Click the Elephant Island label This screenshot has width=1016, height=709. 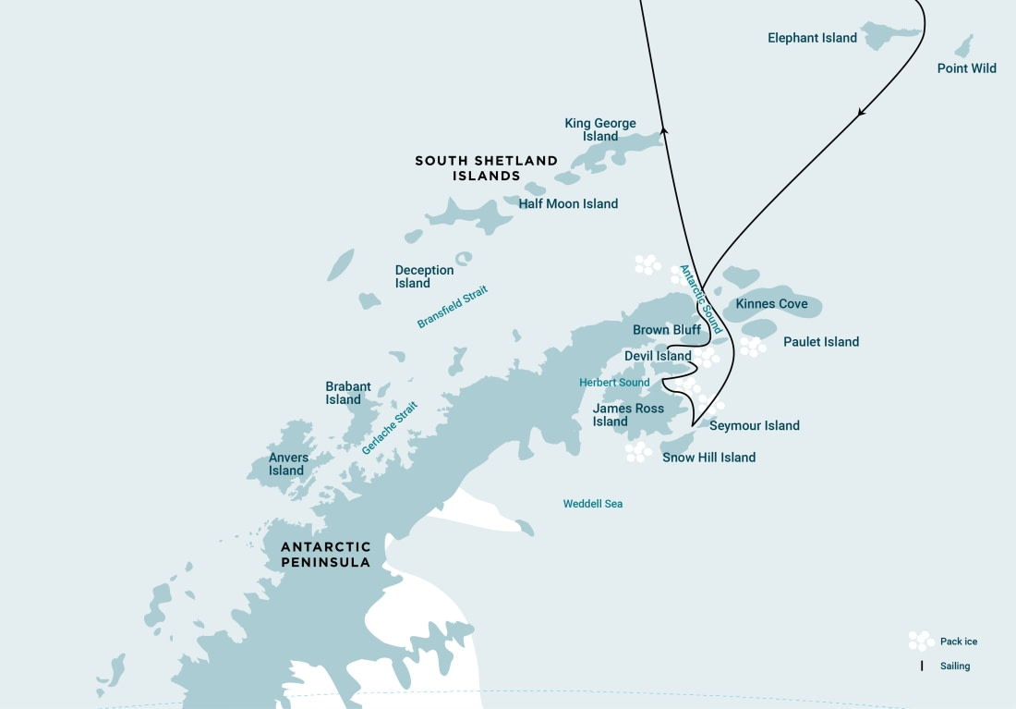point(812,38)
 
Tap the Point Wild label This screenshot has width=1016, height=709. point(966,68)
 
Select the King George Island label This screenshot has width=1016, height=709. point(600,129)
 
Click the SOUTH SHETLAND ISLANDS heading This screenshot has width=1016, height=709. point(486,168)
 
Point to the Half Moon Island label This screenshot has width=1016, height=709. point(568,203)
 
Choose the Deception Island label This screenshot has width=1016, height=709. point(424,276)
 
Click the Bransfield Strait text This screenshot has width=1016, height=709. point(453,307)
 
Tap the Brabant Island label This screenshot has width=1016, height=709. point(347,393)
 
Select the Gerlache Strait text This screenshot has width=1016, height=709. point(390,427)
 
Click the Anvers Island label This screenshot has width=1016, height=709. point(288,464)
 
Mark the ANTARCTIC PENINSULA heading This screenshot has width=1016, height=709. point(326,555)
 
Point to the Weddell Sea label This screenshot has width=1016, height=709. point(593,504)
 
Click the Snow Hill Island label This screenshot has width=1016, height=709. point(708,458)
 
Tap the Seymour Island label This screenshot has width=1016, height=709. point(754,426)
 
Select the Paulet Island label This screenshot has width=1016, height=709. point(821,342)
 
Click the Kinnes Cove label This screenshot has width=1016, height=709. point(771,304)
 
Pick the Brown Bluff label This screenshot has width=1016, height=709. point(666,330)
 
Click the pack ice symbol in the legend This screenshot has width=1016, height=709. point(920,641)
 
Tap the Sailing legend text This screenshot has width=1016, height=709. point(955,666)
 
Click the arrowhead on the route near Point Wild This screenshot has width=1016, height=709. point(862,113)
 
